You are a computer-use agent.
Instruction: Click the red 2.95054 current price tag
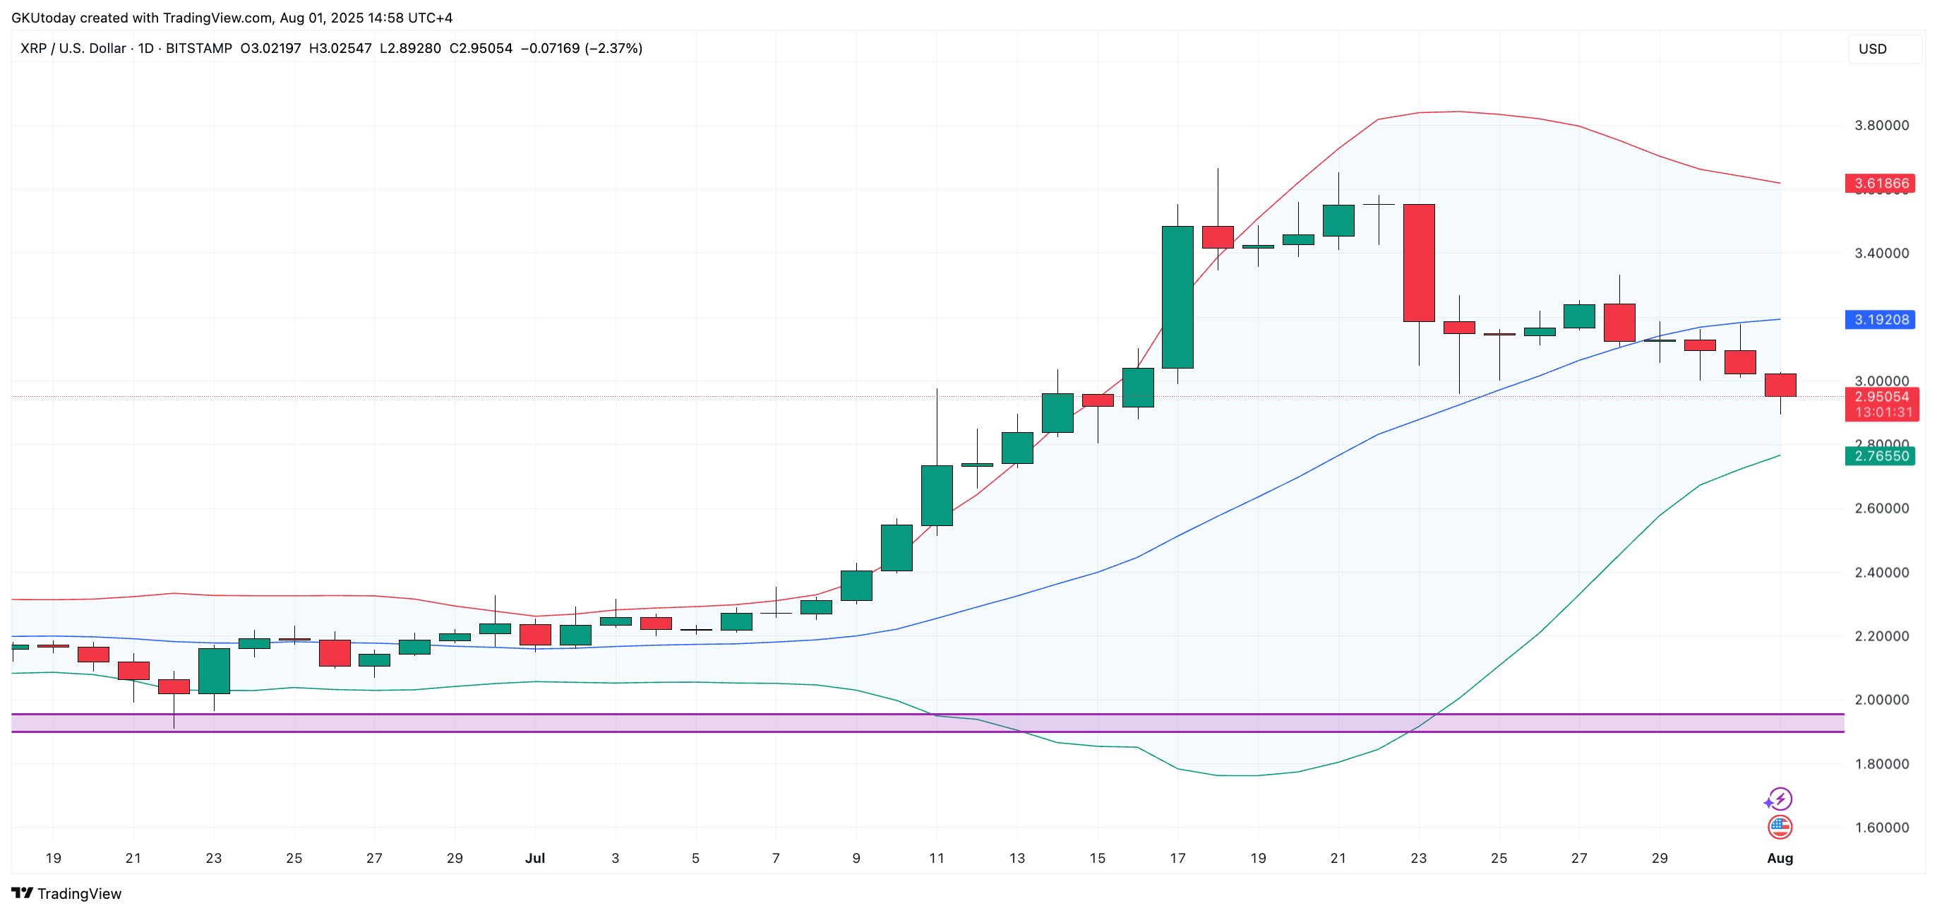pos(1881,397)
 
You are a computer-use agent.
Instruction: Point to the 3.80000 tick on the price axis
pos(1881,126)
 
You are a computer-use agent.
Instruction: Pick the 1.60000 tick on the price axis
pos(1881,828)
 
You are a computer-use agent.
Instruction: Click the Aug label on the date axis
pos(1779,858)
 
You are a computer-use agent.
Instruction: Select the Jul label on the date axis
pos(534,858)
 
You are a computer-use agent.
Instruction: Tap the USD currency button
pos(1872,49)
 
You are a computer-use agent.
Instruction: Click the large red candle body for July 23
pos(1419,263)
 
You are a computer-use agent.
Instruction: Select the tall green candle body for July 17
pos(1177,297)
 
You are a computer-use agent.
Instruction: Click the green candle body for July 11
pos(937,496)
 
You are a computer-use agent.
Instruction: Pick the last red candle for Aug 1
pos(1780,385)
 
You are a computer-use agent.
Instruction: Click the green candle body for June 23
pos(215,671)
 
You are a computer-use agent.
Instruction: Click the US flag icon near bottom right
pos(1780,828)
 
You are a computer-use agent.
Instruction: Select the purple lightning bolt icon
pos(1779,799)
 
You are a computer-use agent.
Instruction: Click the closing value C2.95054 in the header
pos(481,48)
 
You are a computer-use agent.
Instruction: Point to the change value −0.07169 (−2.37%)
pos(581,48)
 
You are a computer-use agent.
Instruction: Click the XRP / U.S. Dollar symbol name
pos(73,48)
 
